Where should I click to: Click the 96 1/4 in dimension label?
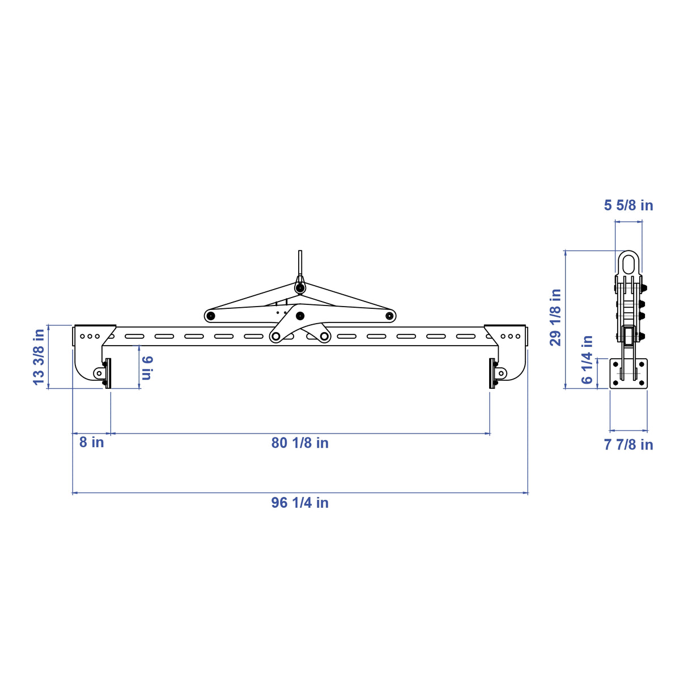[300, 502]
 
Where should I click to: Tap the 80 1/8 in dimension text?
[300, 443]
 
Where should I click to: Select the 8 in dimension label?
[91, 442]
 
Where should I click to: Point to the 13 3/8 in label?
[39, 357]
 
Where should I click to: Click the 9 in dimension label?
[147, 368]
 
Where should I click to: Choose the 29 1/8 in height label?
[555, 317]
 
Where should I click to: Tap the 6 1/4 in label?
[587, 359]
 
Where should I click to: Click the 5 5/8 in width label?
[628, 205]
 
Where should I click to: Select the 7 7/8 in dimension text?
[628, 444]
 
